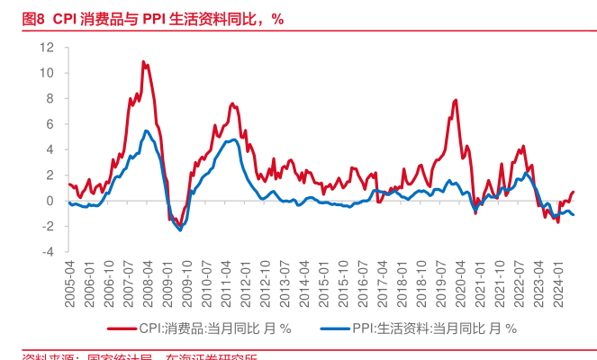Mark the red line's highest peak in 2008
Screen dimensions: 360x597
(x=143, y=61)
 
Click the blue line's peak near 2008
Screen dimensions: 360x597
(x=147, y=130)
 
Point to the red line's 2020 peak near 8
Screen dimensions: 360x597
(x=457, y=100)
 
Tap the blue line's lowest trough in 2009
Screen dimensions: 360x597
(x=181, y=230)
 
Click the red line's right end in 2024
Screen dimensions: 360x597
(x=574, y=192)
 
